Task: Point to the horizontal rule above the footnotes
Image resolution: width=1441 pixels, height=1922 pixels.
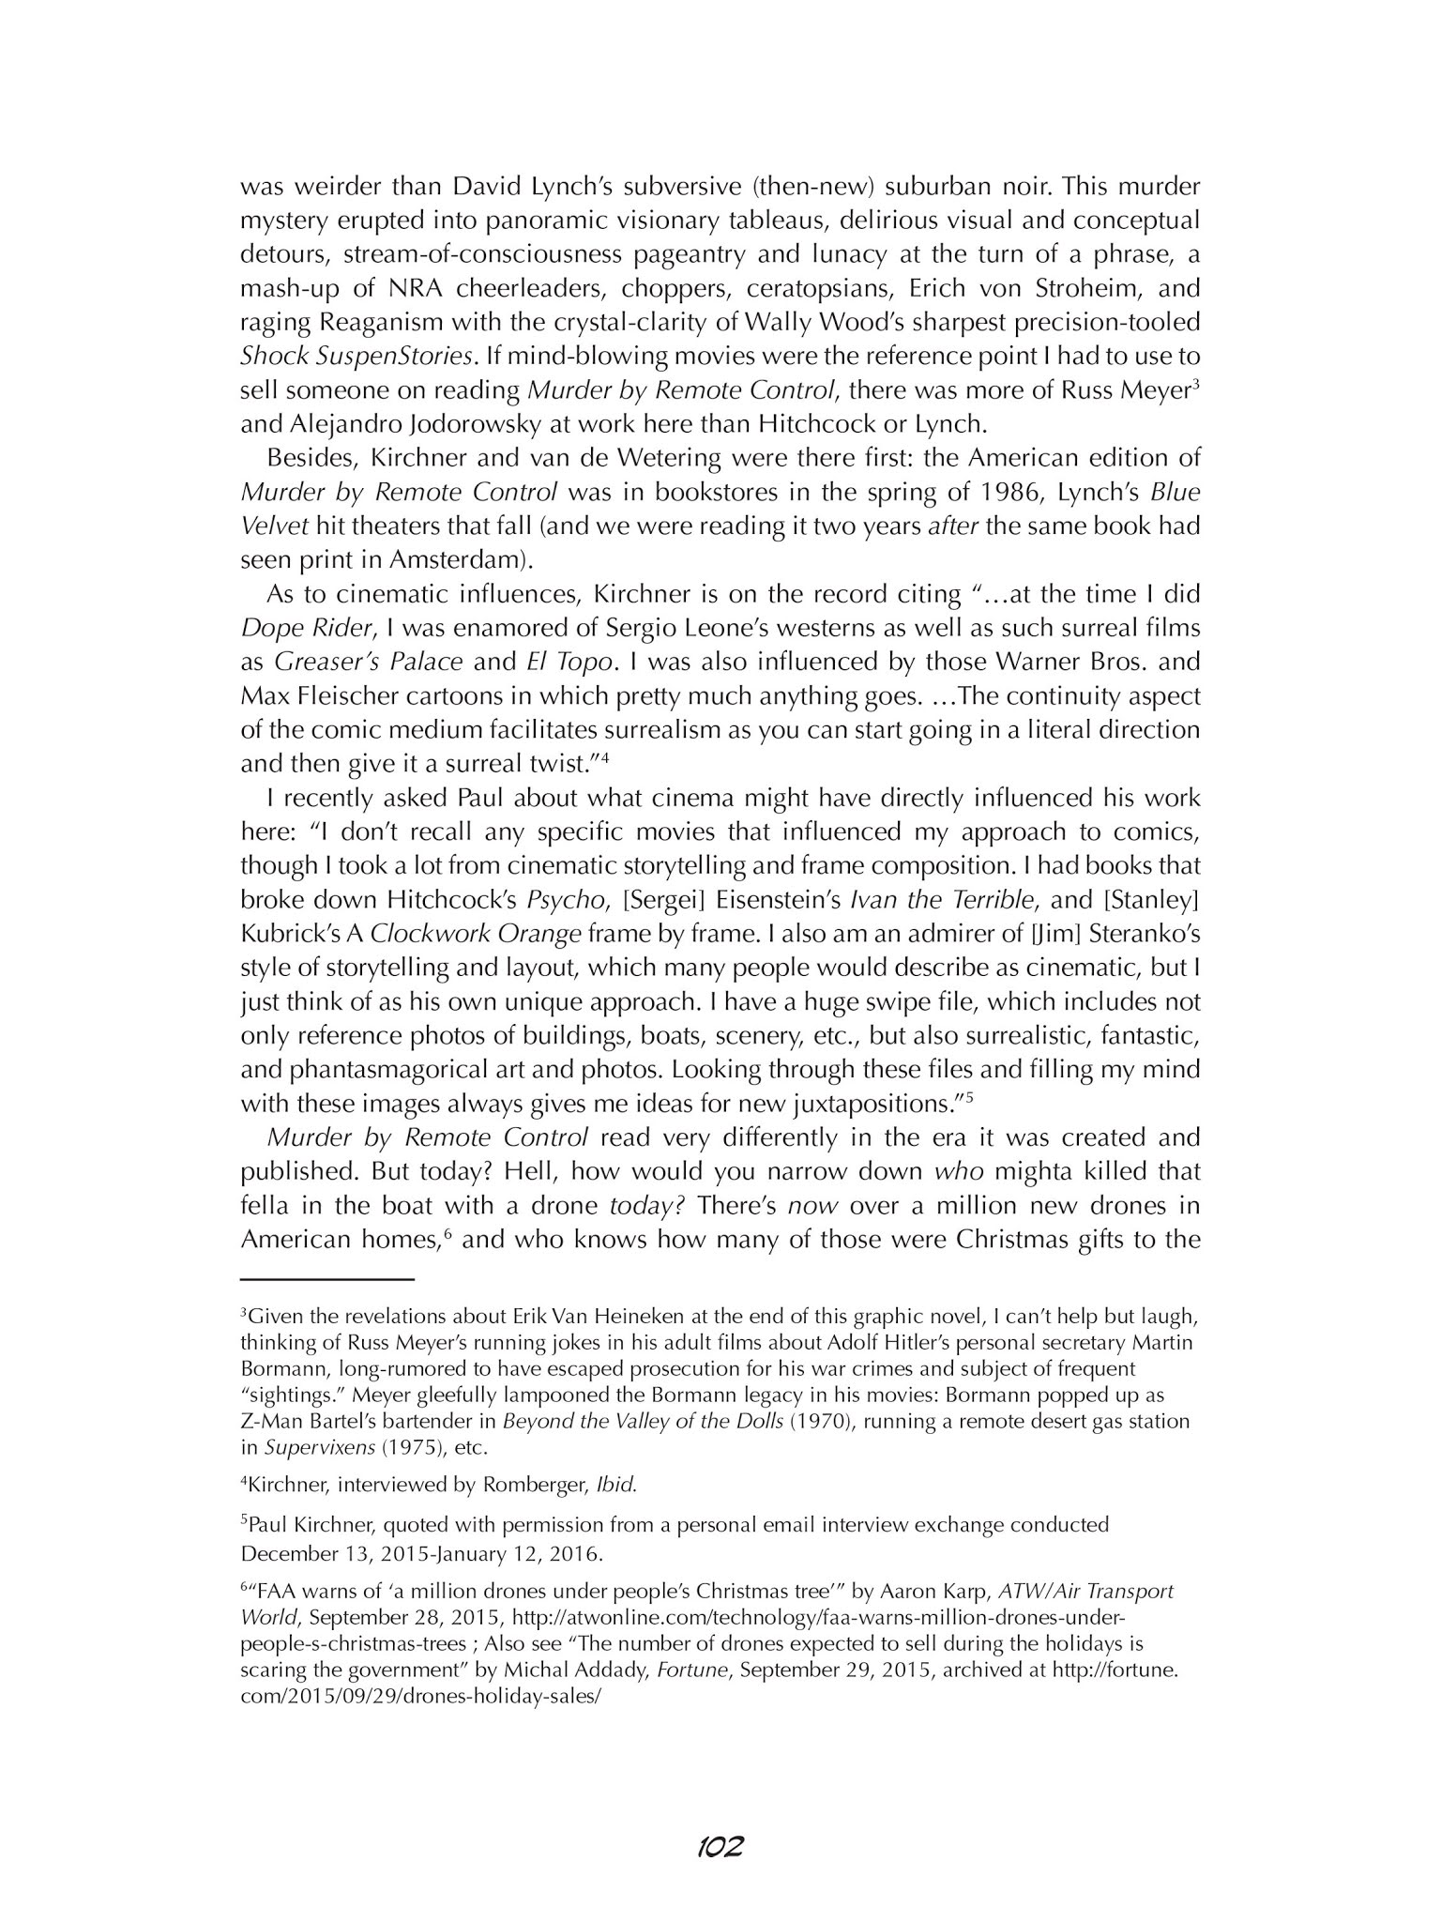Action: [x=327, y=1279]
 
